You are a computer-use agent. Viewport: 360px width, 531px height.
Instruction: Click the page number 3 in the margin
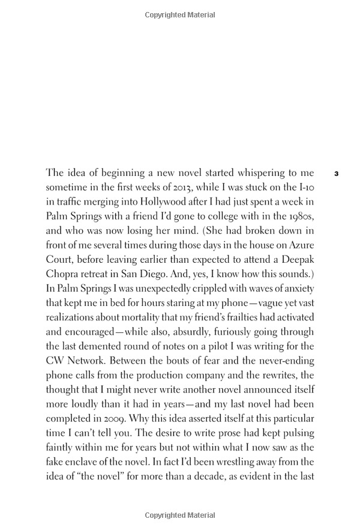tap(336, 174)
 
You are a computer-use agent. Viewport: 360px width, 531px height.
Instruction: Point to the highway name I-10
tap(305, 188)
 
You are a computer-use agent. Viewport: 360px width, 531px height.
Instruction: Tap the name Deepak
tap(296, 260)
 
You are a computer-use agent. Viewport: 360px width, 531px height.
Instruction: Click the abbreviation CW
tap(55, 361)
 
